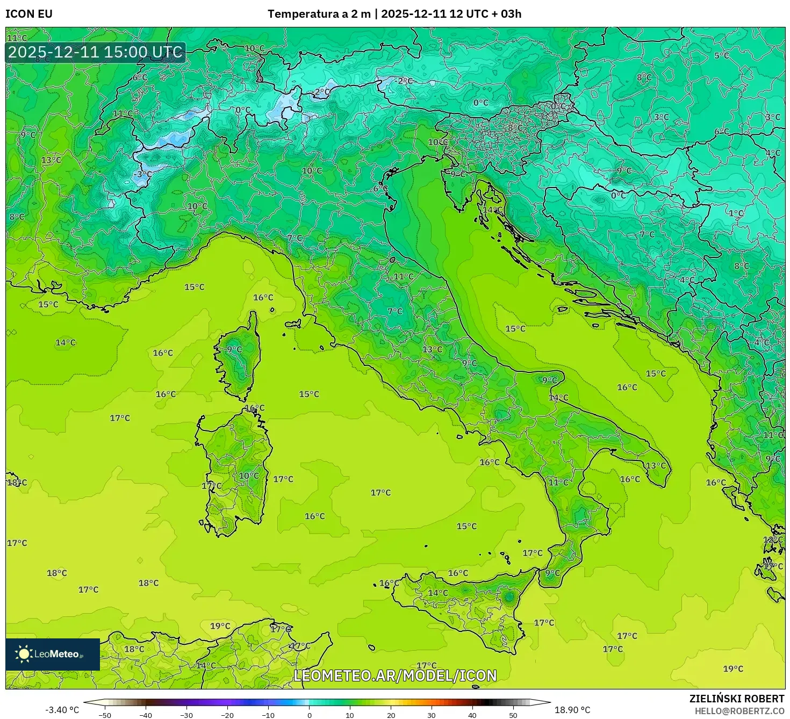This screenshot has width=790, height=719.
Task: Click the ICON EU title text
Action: pos(29,14)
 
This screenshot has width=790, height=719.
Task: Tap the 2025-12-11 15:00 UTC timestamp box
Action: pos(96,52)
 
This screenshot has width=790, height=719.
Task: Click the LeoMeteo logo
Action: pos(53,654)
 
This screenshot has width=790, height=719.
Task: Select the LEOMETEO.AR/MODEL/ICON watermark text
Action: pos(395,675)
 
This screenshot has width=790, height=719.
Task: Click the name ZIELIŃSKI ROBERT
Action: pos(737,699)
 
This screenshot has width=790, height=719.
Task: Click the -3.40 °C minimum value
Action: pos(62,710)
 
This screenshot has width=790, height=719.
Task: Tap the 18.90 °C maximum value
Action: pos(572,710)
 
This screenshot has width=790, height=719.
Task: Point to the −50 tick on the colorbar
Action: pos(105,715)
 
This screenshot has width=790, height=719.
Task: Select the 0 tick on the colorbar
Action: pos(309,715)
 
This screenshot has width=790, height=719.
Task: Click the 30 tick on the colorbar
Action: pos(432,715)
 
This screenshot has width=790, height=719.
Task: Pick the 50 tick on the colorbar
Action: pos(513,715)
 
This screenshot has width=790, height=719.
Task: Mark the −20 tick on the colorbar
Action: pos(227,715)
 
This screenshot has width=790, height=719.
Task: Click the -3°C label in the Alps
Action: pos(143,174)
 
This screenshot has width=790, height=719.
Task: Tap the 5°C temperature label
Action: pos(721,55)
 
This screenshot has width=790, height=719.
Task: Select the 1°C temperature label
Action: pos(736,213)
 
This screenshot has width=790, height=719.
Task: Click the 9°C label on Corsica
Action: pos(234,349)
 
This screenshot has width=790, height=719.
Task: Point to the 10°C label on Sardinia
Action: pos(249,476)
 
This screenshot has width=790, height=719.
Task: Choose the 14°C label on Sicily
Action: pos(437,593)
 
